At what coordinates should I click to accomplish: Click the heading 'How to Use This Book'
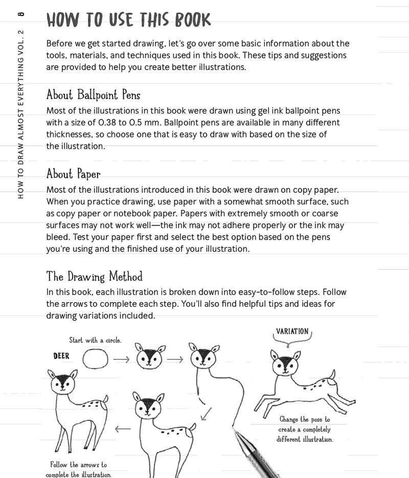[x=128, y=20]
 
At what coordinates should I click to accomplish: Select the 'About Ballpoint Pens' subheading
[x=93, y=95]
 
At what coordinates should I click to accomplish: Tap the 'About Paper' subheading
[x=73, y=174]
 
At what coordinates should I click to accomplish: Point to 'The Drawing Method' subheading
[x=94, y=277]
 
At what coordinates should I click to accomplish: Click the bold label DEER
[x=61, y=356]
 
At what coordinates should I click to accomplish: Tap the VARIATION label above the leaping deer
[x=292, y=331]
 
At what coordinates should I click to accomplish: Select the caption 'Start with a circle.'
[x=96, y=340]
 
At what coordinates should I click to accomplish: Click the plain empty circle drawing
[x=95, y=359]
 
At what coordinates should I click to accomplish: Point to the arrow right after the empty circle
[x=121, y=359]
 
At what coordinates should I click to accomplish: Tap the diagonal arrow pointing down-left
[x=206, y=413]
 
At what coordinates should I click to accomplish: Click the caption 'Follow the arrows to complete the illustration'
[x=78, y=469]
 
